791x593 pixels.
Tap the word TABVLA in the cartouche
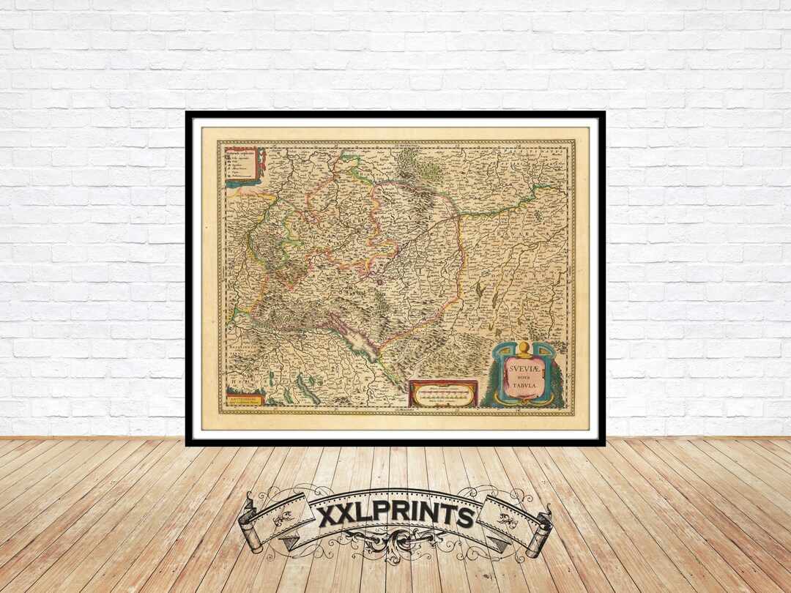coord(523,388)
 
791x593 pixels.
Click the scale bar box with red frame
coord(443,394)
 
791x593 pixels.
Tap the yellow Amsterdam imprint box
coord(241,400)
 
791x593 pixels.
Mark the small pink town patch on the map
coord(380,279)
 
